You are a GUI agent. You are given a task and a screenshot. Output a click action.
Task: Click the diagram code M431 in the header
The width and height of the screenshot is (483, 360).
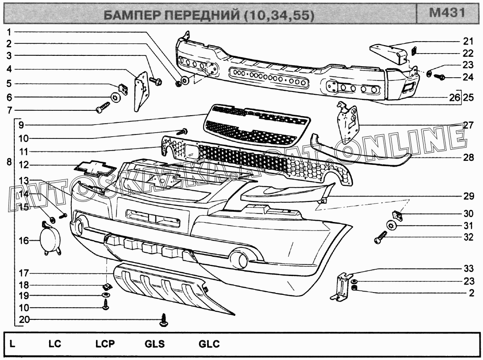[x=447, y=13]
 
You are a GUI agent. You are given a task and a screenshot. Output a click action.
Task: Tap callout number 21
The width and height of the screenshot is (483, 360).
[x=467, y=42]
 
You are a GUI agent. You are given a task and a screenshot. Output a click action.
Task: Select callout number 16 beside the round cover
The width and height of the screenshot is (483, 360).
[x=23, y=241]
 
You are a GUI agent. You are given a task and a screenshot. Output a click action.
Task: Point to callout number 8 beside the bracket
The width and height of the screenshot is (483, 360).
[x=9, y=162]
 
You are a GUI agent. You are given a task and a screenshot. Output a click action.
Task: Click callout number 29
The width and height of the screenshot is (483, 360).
[x=468, y=196]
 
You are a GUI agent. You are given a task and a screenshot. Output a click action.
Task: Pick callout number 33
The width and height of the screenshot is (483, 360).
[x=468, y=269]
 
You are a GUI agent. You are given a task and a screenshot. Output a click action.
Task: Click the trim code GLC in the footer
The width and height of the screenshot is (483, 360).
[x=209, y=344]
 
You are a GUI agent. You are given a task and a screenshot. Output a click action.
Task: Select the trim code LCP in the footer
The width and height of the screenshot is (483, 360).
[x=105, y=344]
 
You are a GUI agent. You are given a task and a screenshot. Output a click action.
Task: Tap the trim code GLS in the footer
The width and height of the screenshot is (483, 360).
[x=154, y=344]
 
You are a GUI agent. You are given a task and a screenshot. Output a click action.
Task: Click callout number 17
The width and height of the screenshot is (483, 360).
[x=23, y=273]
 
